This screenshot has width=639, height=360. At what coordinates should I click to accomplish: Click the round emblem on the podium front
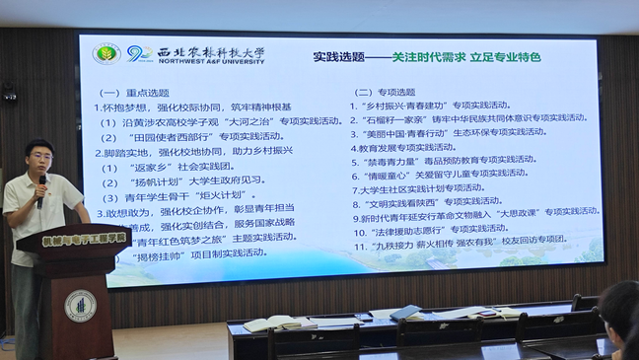pos(80,306)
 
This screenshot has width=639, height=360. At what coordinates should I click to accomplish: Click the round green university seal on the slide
pos(106,53)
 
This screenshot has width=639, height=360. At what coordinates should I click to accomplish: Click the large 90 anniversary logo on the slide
pos(138,53)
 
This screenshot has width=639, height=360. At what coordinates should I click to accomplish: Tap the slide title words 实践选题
pos(338,57)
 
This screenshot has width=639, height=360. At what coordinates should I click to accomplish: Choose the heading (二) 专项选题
pos(385,92)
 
